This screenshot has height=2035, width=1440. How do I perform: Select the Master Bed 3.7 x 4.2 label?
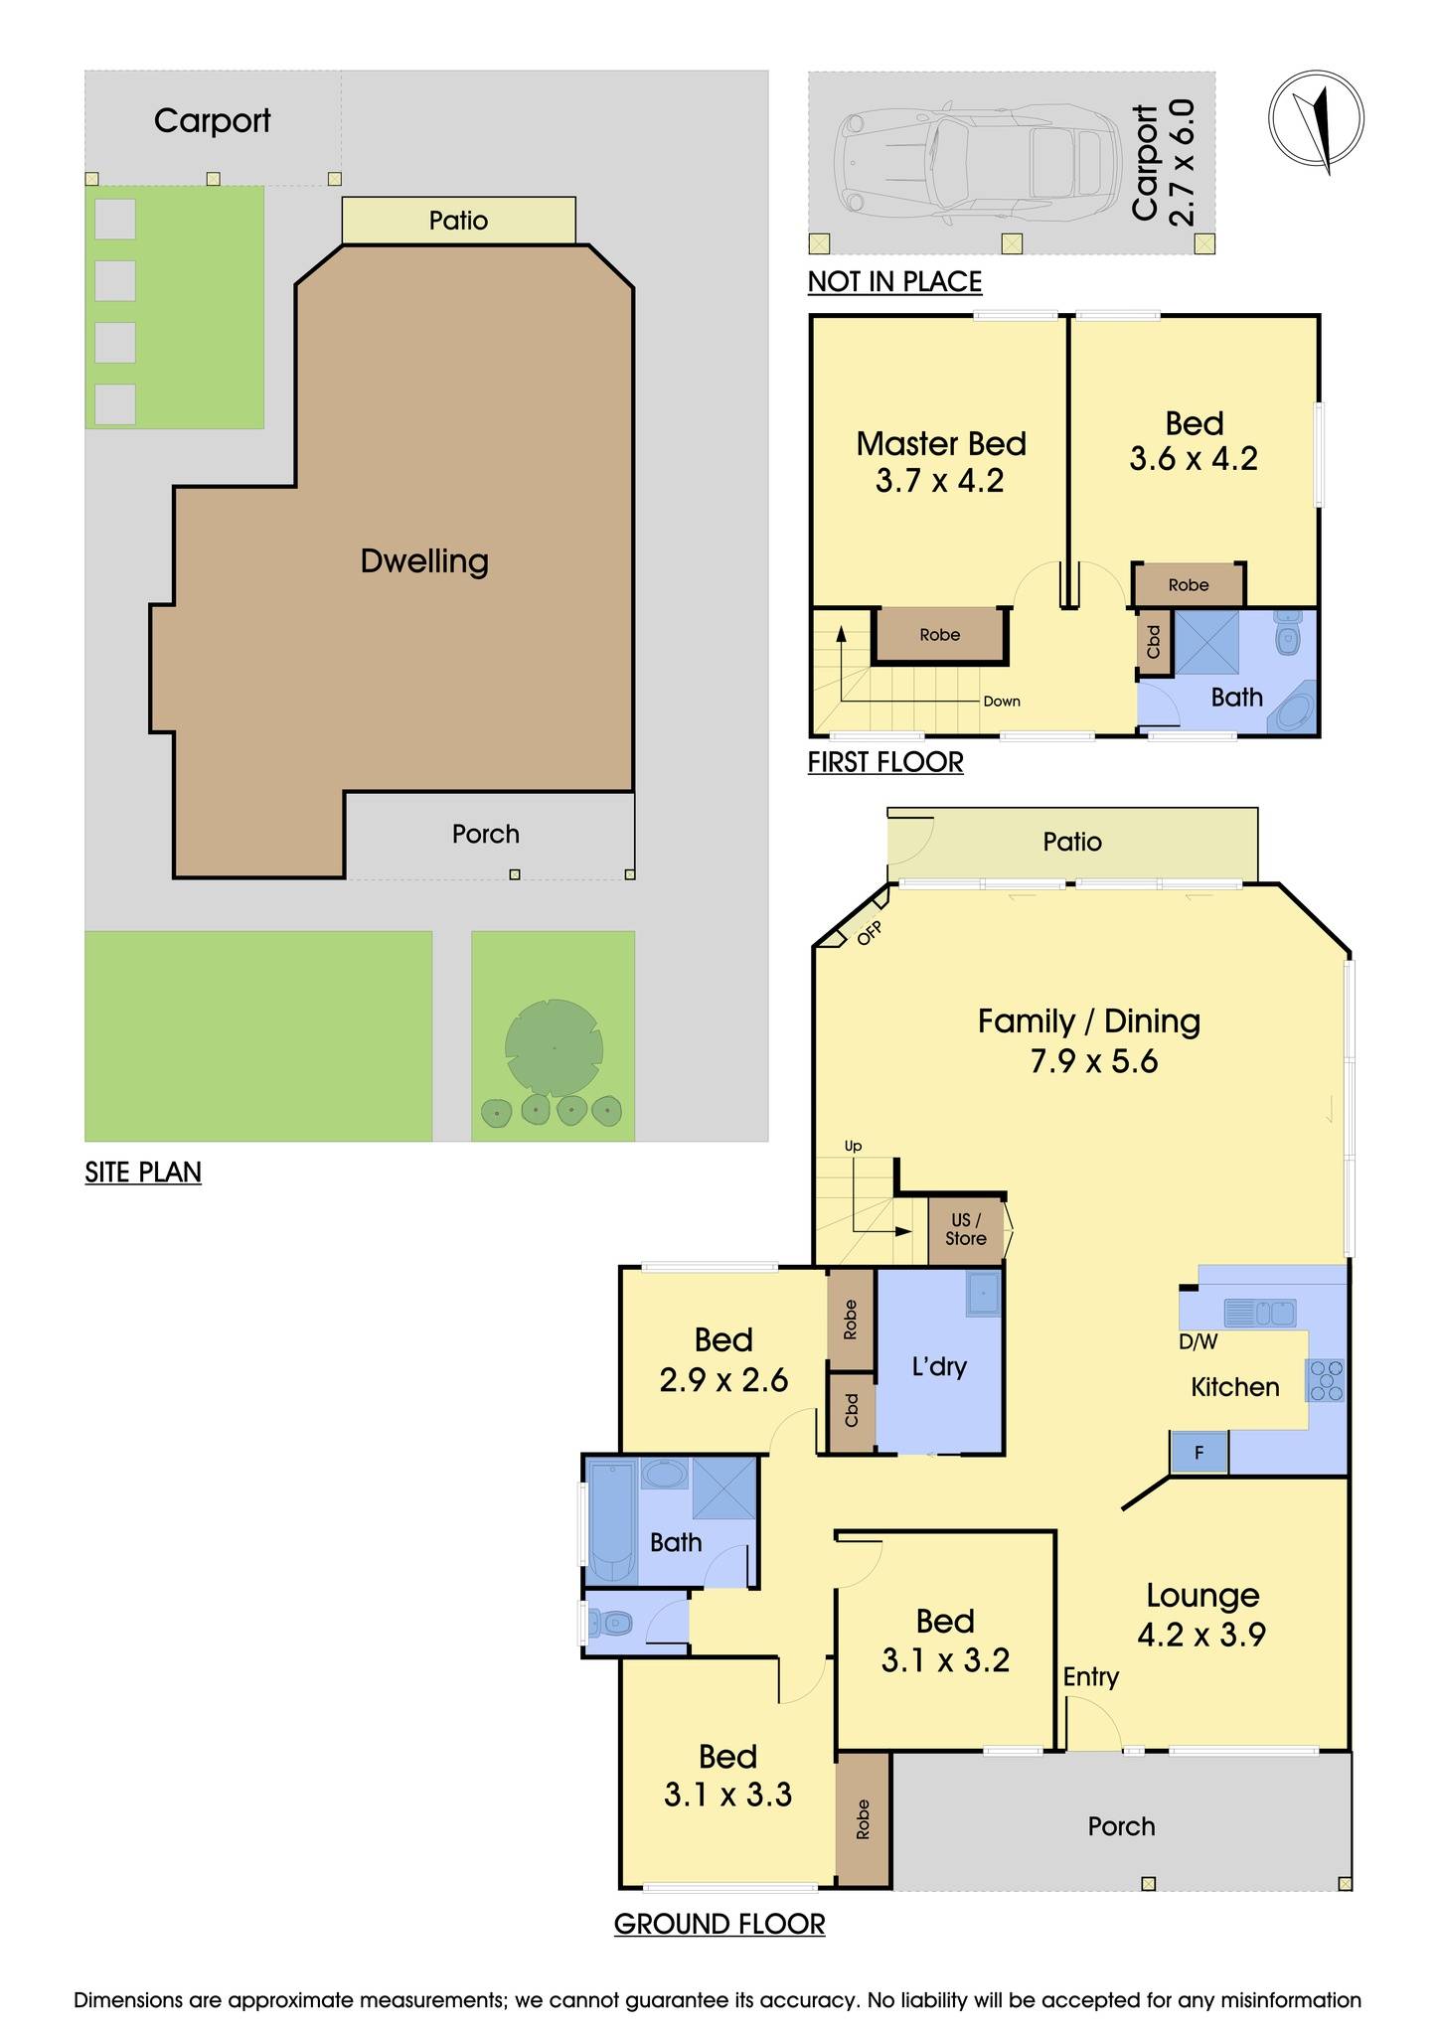click(x=940, y=462)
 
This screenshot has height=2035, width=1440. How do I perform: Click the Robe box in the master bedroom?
click(x=940, y=635)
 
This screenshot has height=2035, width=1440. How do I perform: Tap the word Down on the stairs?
click(x=1002, y=702)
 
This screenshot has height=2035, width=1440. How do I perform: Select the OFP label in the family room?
click(x=869, y=931)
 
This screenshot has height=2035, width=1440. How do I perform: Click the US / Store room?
click(x=965, y=1230)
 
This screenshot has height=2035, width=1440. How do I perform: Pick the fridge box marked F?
click(x=1199, y=1453)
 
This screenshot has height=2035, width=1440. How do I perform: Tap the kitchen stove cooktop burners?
click(x=1327, y=1381)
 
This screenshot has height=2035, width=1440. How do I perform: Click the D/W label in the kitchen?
click(x=1198, y=1342)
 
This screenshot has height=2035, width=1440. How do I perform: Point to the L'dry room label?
click(x=938, y=1367)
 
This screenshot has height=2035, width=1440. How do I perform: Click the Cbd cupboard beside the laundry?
click(x=851, y=1411)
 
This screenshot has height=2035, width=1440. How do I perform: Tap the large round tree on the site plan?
click(x=554, y=1046)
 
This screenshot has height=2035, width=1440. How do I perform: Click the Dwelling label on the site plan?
click(x=424, y=561)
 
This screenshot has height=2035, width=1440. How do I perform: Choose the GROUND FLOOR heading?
click(x=719, y=1925)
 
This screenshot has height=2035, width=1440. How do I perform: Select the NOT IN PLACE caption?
click(x=894, y=282)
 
